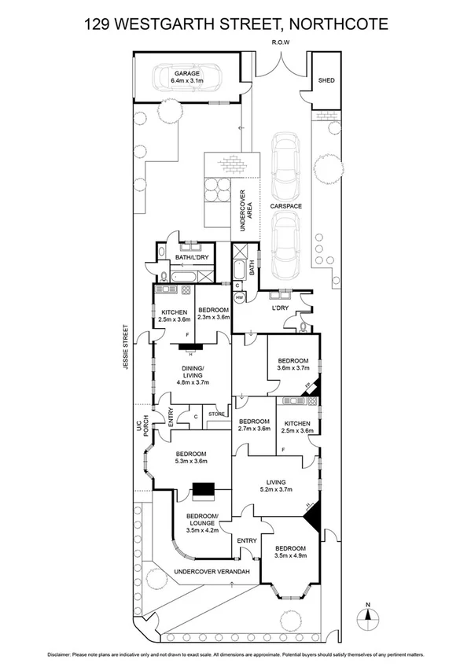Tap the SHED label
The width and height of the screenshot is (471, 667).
coord(326,80)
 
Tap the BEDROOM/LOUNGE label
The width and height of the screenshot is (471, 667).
coord(202,518)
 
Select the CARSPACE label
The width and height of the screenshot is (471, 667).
coord(285,206)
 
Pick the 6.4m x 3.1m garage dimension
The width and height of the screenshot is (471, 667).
coord(188,80)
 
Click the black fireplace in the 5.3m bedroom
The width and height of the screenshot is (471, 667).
coord(204,489)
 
